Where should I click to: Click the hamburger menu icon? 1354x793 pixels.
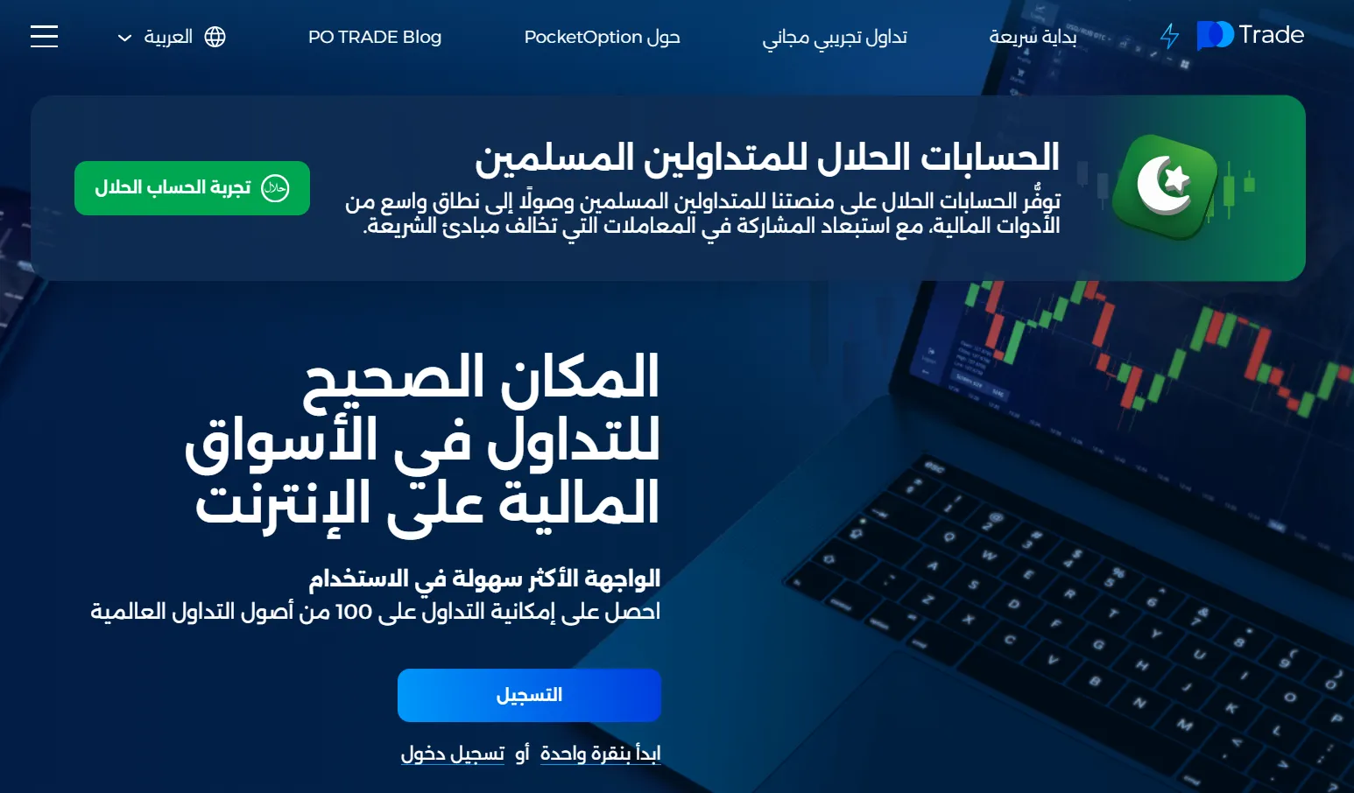[44, 36]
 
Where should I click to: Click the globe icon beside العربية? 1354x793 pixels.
[215, 37]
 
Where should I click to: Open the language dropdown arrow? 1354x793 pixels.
[124, 38]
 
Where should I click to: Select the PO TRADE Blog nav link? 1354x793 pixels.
[375, 37]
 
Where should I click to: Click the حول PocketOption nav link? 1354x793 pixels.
[602, 38]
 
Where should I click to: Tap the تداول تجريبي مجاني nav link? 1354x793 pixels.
[835, 38]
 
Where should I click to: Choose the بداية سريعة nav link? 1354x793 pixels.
[1033, 37]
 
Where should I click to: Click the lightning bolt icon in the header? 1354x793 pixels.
[1169, 36]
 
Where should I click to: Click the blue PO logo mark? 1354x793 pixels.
[1215, 36]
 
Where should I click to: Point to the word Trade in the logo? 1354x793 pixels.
[1271, 35]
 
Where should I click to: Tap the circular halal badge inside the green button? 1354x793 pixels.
[275, 188]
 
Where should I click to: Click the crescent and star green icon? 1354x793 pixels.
[1165, 186]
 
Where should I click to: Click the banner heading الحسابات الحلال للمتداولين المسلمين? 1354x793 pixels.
[767, 158]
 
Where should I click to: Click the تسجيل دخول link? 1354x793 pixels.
[453, 754]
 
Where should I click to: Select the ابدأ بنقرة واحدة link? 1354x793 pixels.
[600, 754]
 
